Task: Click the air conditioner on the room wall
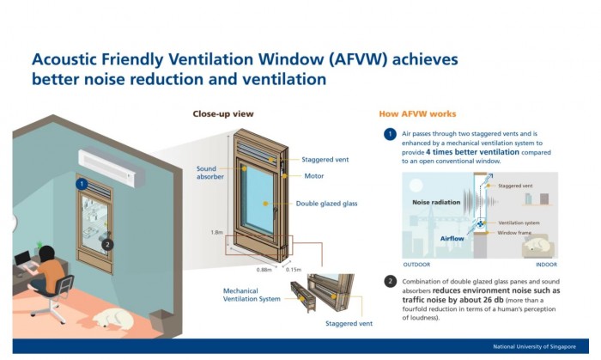point(112,168)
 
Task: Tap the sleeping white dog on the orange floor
point(114,318)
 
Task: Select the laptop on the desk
point(23,260)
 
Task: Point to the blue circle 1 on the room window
point(82,184)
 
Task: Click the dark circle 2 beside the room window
point(107,244)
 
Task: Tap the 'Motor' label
point(314,176)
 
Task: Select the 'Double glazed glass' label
point(326,204)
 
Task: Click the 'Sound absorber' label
point(210,173)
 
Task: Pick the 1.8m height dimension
point(216,232)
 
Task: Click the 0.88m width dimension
point(264,270)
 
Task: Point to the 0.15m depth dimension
point(294,270)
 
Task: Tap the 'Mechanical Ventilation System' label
point(252,295)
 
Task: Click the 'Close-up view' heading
point(223,114)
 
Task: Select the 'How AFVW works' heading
point(417,114)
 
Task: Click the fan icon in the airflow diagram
point(480,223)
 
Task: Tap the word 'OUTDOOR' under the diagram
point(416,265)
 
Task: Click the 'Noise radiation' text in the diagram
point(436,202)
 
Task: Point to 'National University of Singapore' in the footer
point(534,346)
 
